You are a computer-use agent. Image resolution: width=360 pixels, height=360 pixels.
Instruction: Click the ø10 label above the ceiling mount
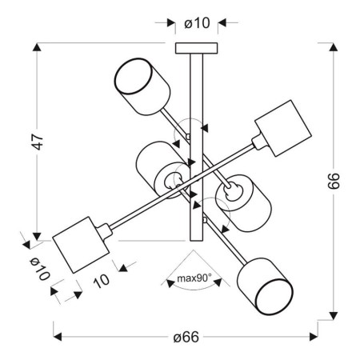(196, 23)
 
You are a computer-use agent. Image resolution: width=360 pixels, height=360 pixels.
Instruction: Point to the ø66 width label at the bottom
(186, 337)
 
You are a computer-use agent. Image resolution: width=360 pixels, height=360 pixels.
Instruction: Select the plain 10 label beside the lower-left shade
(101, 280)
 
